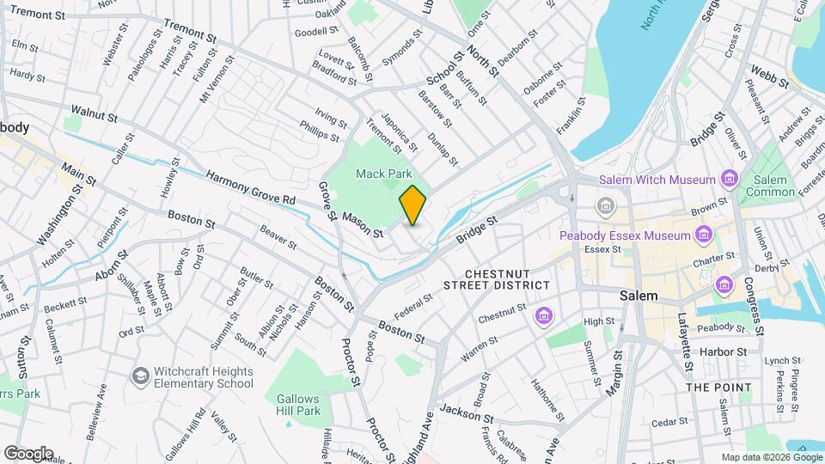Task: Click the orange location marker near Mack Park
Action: click(x=412, y=205)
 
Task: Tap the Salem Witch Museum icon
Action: click(x=730, y=180)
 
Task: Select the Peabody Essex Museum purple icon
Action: click(x=704, y=235)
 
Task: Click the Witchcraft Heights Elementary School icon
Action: click(x=139, y=375)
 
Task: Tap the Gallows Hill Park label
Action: click(x=298, y=405)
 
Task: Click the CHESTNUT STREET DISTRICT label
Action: click(x=497, y=279)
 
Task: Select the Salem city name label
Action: click(x=639, y=296)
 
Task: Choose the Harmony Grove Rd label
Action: click(x=248, y=187)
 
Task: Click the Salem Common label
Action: click(x=770, y=186)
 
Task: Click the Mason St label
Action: click(x=361, y=223)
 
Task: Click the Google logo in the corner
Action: click(x=28, y=453)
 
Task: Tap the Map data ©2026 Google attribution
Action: click(x=770, y=456)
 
